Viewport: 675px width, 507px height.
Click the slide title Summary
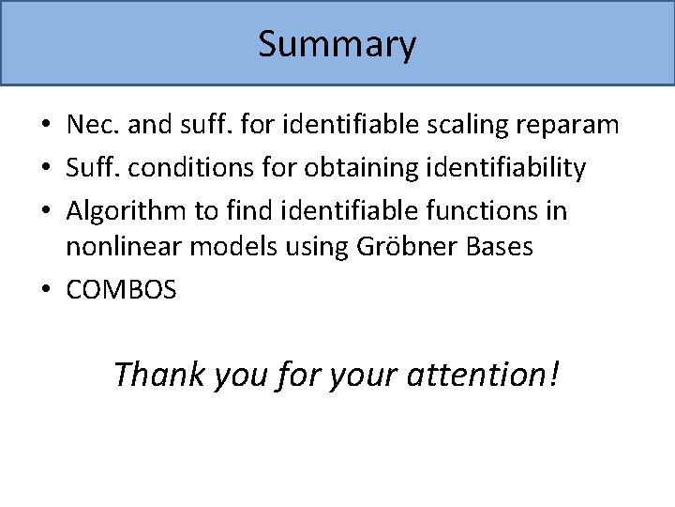tap(337, 44)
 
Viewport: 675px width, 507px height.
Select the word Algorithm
tap(127, 212)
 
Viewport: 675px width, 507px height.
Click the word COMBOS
tap(121, 291)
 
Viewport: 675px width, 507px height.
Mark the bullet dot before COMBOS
tap(46, 291)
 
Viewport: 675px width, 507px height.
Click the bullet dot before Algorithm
tap(46, 212)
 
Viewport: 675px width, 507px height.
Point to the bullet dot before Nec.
tap(46, 126)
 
